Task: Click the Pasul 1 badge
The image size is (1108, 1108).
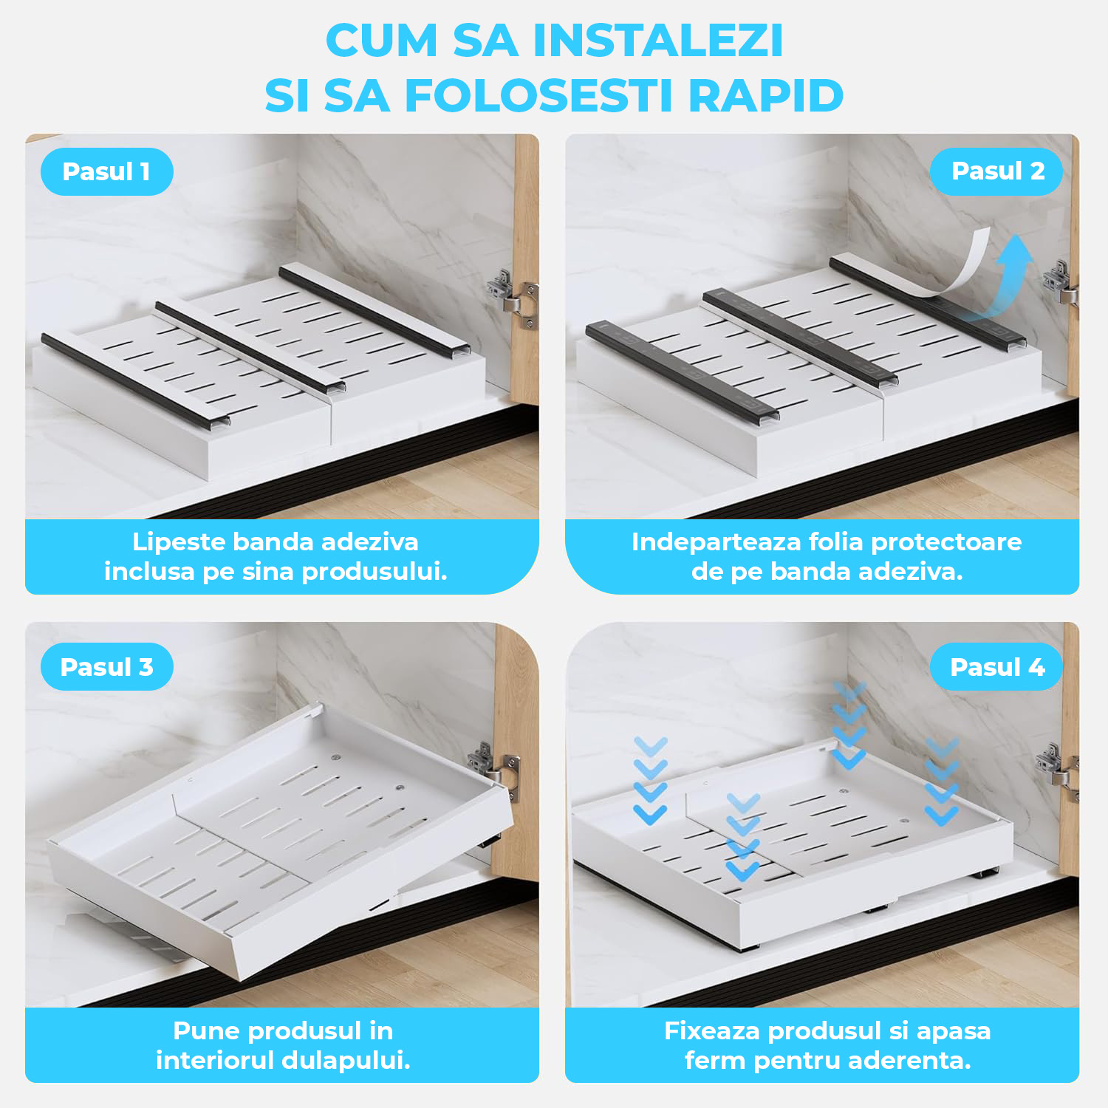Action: tap(107, 171)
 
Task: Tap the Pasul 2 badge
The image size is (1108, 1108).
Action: tap(996, 171)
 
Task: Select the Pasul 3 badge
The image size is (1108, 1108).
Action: tap(107, 667)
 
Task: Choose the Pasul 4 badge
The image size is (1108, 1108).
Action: tap(996, 667)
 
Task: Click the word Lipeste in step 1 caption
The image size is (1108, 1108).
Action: tap(179, 542)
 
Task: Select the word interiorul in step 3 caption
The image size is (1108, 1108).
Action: tap(212, 1061)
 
